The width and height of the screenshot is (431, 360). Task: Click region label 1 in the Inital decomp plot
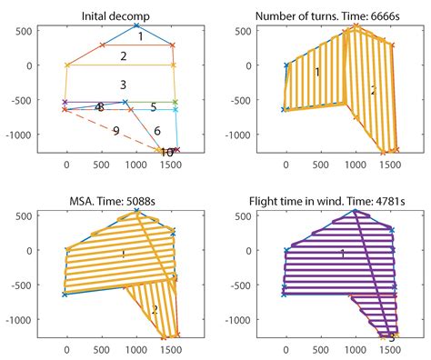click(140, 38)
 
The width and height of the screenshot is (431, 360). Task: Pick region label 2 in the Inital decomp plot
click(122, 56)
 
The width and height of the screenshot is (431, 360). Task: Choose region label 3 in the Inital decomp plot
click(122, 85)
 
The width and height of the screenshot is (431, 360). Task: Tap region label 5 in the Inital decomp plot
click(154, 107)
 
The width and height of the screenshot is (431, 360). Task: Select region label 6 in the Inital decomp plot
click(156, 131)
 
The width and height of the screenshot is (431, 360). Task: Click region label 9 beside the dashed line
click(115, 131)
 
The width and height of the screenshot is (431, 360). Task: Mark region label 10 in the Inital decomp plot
click(167, 153)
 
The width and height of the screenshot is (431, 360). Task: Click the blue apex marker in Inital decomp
click(136, 26)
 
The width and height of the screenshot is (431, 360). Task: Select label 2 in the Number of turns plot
click(373, 91)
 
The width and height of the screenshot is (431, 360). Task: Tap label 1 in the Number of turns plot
click(317, 71)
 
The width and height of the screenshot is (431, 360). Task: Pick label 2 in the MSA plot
click(155, 310)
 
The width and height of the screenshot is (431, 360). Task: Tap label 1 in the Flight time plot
click(342, 255)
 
